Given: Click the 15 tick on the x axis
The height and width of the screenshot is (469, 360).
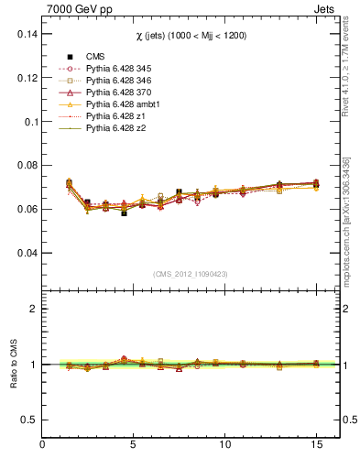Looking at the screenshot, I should coord(315,445).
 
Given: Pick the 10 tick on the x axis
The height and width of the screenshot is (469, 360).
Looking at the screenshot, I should coord(224,445).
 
